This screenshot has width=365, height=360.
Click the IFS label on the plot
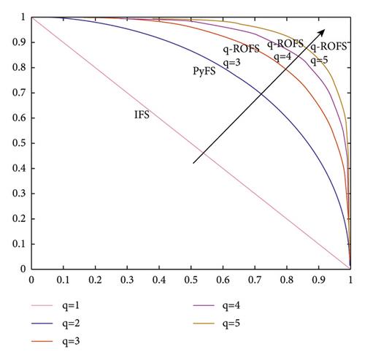pos(142,115)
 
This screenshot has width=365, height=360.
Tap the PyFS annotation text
pos(204,71)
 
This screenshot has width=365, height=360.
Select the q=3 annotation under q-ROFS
pos(232,63)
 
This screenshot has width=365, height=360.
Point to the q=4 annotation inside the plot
pos(283,57)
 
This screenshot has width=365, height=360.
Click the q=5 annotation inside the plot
pos(319,60)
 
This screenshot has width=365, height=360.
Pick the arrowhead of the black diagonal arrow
pos(322,32)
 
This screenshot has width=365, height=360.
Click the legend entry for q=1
pos(55,305)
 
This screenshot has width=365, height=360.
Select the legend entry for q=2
pos(55,323)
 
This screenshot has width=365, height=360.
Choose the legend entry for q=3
pos(55,341)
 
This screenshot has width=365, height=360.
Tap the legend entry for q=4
pos(217,305)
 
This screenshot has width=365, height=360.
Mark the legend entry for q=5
pos(217,323)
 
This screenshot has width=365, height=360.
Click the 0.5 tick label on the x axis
pos(191,280)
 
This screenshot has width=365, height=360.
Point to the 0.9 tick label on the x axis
pos(318,280)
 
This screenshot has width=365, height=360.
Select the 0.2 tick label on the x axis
pos(95,280)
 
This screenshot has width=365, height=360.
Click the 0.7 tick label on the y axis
pos(19,93)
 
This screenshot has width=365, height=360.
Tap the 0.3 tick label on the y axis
pos(19,194)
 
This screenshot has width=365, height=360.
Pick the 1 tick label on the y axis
pos(23,18)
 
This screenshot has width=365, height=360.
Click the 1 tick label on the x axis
pos(350,280)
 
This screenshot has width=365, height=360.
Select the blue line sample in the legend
pos(42,323)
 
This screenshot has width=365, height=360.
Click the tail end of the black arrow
pos(193,163)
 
